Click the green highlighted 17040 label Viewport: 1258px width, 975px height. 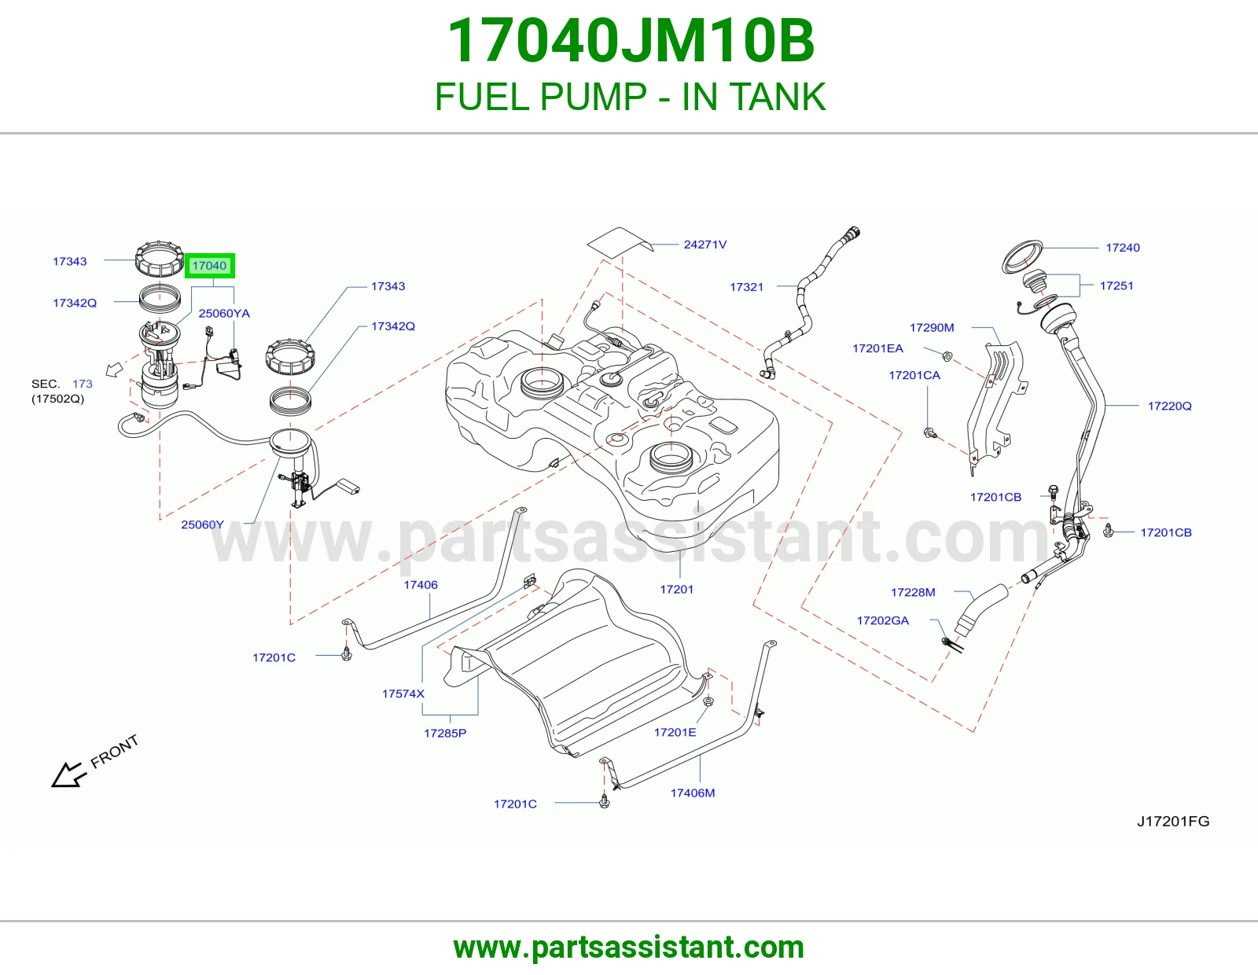pos(210,266)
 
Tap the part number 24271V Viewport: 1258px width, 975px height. pos(704,245)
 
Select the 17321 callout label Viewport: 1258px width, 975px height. pos(746,286)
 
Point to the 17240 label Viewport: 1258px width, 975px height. pos(1123,248)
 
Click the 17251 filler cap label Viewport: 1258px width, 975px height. pos(1116,285)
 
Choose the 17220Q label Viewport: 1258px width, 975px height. pos(1169,406)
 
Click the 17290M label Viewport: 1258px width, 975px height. pos(932,328)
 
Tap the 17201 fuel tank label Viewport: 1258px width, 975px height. pos(676,590)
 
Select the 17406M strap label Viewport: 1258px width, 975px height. pos(693,793)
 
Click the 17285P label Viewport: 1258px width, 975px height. pos(444,734)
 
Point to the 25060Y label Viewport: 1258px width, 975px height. pos(202,524)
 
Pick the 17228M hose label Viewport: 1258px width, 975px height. pos(913,592)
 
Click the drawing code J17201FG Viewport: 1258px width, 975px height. pos(1173,822)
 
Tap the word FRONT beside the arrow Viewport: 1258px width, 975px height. pos(115,751)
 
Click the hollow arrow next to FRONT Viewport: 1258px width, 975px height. pos(69,774)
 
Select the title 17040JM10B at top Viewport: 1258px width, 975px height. pos(631,41)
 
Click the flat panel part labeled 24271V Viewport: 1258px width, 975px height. pos(620,242)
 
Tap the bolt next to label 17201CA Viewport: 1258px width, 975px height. pos(930,432)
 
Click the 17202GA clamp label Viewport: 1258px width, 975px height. pos(882,620)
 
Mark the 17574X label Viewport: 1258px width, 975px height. pos(403,694)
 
